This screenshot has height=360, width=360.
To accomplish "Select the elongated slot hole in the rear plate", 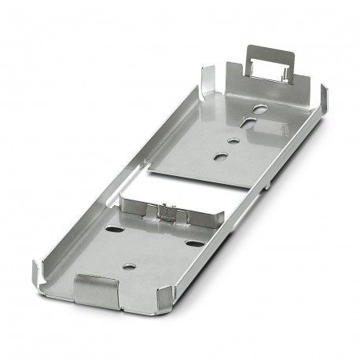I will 248,123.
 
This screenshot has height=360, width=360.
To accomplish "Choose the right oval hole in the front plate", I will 193,242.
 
